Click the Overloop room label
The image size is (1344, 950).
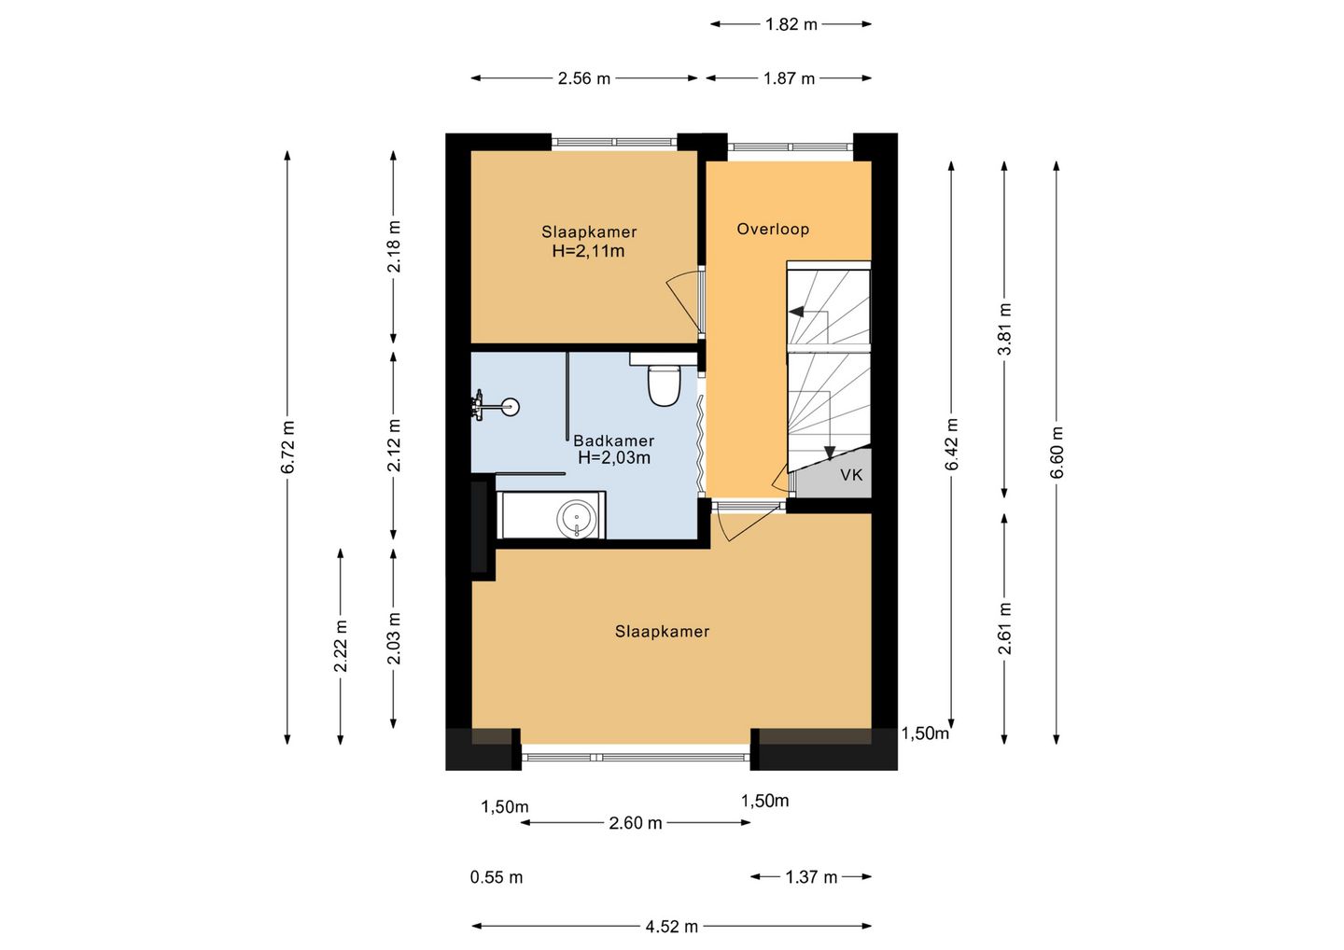coord(773,230)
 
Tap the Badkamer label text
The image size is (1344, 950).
coord(613,440)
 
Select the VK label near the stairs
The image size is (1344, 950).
coord(851,475)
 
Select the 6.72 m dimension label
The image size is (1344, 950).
coord(287,447)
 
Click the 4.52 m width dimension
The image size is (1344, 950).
coord(671,927)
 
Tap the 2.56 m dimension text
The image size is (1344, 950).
coord(584,78)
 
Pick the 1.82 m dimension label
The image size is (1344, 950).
coord(791,24)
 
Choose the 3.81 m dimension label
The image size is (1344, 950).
coord(1004,329)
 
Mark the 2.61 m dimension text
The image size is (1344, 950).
coord(1004,628)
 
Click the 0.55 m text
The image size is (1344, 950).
coord(497,877)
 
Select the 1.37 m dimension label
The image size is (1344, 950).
coord(811,877)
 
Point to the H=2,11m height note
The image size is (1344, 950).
coord(589,251)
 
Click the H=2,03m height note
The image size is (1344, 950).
coord(614,457)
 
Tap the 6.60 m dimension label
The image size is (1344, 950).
coord(1057,453)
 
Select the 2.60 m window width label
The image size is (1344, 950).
coord(636,823)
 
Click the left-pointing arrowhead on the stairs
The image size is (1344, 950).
coord(796,312)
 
